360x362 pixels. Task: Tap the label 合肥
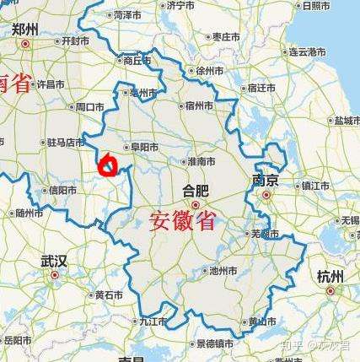click(x=196, y=189)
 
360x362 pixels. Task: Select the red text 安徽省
click(x=182, y=222)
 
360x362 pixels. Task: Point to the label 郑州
click(x=25, y=29)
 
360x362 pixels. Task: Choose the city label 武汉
click(x=53, y=261)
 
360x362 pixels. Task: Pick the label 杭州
click(x=330, y=276)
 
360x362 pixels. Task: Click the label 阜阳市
click(x=142, y=146)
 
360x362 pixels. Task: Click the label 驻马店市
click(x=67, y=143)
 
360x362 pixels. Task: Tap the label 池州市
click(x=224, y=271)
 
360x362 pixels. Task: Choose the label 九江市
click(x=154, y=321)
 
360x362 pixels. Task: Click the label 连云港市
click(x=308, y=51)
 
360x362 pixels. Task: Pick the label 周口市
click(x=89, y=107)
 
